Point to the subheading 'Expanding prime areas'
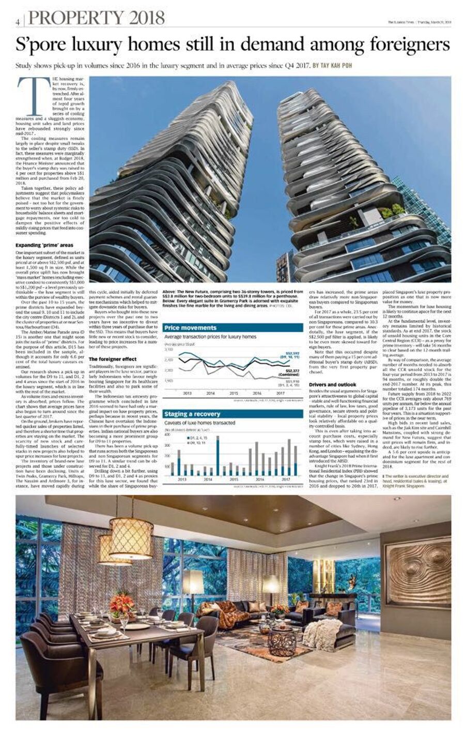45,245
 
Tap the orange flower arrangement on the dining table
121,604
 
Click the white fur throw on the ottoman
322,634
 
